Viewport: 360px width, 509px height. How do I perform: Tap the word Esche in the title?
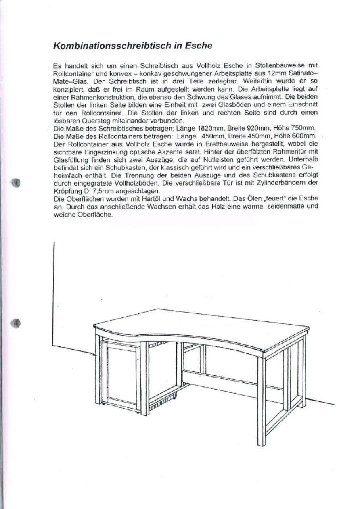(x=199, y=45)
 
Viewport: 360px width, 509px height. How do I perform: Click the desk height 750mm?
(x=303, y=129)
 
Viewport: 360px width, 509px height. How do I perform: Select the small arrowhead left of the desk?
(x=94, y=355)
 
